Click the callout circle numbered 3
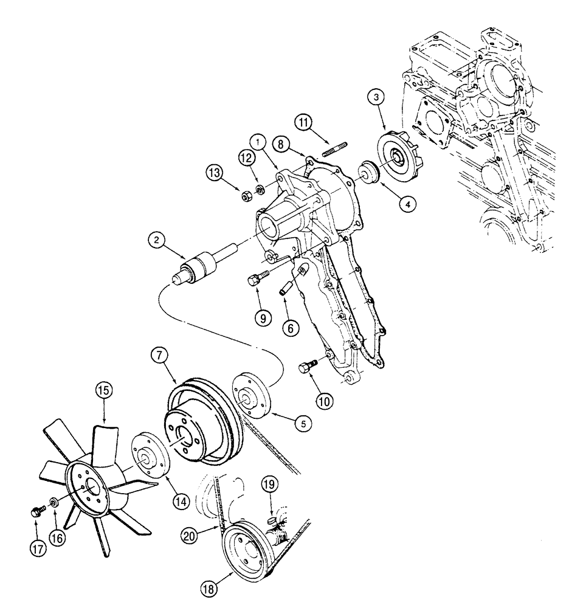376,97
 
